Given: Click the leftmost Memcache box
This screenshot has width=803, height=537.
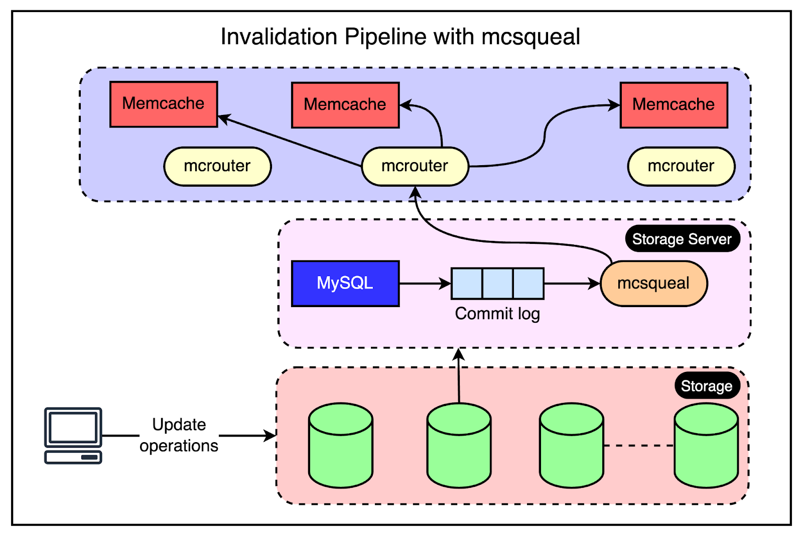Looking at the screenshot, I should (164, 104).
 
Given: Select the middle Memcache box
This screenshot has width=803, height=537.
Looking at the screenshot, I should (345, 105).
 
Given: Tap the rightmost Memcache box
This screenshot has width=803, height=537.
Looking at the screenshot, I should (674, 105).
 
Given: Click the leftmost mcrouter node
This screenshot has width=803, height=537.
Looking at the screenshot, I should (217, 166).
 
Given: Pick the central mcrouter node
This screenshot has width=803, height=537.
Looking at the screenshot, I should (415, 166).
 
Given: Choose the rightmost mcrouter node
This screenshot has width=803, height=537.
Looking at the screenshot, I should (681, 166).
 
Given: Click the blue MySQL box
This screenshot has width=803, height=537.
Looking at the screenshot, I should (345, 283).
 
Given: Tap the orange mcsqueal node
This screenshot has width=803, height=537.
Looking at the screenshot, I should (653, 283).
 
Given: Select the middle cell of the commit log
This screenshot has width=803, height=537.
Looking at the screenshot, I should (497, 283).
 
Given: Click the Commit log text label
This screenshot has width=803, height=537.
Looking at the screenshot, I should (497, 314).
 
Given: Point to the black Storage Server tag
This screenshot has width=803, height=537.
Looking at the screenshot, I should (682, 239).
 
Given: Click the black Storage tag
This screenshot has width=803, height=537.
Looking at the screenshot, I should (707, 386).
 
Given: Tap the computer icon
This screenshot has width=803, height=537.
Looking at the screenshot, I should (73, 435).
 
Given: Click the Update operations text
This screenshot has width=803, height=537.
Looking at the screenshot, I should (179, 435).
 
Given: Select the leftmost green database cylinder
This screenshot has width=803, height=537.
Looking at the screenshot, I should (341, 445).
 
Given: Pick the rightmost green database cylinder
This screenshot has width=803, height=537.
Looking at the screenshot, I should (706, 445).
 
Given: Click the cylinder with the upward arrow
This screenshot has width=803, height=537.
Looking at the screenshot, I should (459, 445).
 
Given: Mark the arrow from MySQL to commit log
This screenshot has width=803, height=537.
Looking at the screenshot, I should (425, 284).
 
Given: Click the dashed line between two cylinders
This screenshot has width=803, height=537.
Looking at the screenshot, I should (638, 445).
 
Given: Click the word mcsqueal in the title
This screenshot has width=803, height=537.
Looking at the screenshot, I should (530, 37).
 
